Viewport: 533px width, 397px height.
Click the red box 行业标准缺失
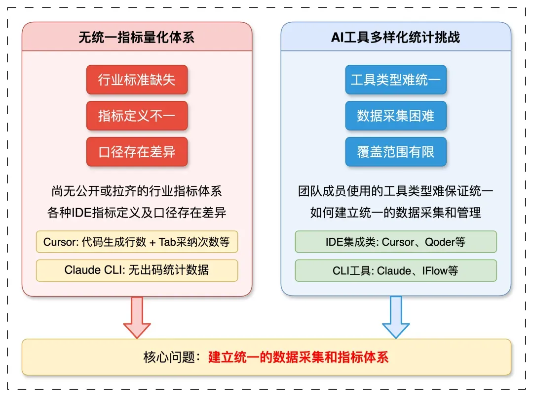tap(137, 80)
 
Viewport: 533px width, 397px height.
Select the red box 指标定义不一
tap(137, 116)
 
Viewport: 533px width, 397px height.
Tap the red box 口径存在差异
tap(137, 152)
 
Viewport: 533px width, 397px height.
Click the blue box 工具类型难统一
tap(396, 80)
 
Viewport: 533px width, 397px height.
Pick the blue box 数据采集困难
tap(396, 116)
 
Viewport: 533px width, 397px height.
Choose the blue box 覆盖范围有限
tap(396, 152)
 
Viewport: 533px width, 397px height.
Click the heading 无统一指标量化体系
tap(137, 38)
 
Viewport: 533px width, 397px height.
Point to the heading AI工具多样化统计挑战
tap(396, 38)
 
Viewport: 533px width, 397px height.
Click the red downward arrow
tap(137, 317)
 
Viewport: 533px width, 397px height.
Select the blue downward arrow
tap(396, 317)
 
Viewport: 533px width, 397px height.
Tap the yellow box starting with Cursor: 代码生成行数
tap(137, 242)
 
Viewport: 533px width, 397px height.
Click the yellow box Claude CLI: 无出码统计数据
tap(137, 270)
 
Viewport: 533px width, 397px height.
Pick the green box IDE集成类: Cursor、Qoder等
tap(396, 242)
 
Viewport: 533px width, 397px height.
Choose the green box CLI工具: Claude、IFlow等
tap(396, 270)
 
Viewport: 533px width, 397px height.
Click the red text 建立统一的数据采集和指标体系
tap(299, 357)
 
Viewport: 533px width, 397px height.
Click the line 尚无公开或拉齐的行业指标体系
tap(137, 191)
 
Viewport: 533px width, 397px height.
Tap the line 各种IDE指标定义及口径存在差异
tap(137, 213)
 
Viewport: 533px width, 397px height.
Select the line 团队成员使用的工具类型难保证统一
tap(396, 191)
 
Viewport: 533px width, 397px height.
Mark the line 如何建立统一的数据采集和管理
tap(396, 213)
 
